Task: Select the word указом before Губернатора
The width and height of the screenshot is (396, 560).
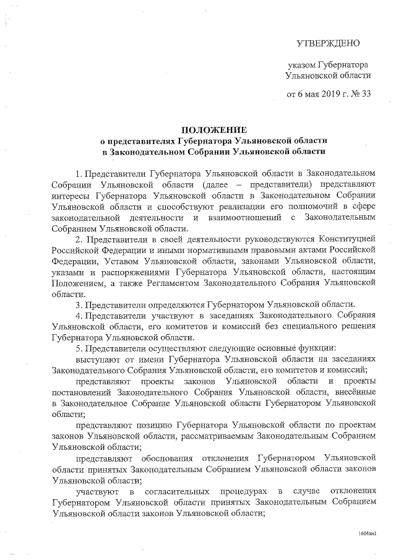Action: click(x=301, y=64)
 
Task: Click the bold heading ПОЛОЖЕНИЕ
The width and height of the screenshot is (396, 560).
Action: click(x=213, y=130)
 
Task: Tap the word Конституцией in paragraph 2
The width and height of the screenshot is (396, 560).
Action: click(x=346, y=239)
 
